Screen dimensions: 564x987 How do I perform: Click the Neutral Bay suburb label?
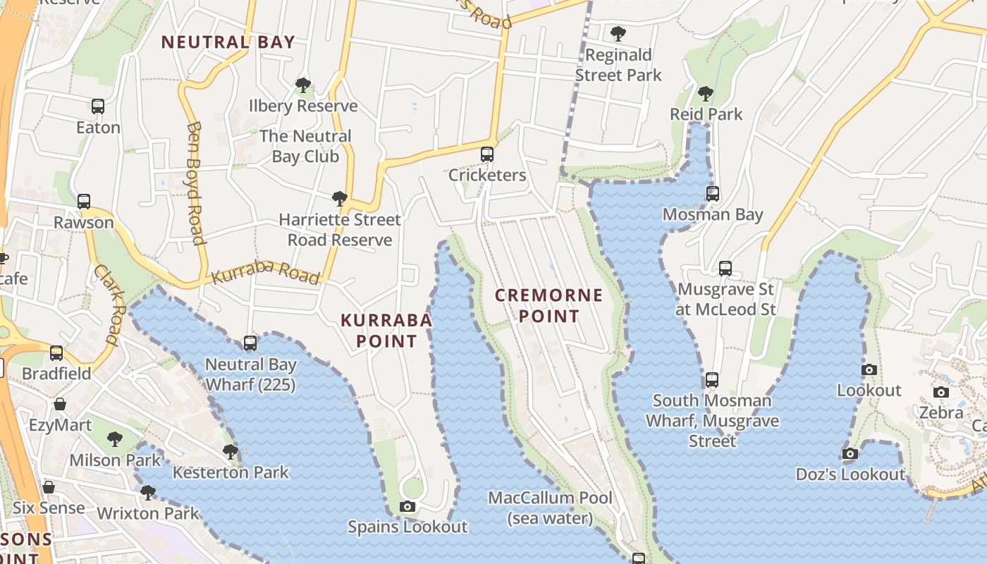228,42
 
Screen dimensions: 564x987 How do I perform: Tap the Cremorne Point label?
549,305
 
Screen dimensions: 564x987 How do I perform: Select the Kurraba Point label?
386,331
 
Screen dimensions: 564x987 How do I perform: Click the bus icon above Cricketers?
487,154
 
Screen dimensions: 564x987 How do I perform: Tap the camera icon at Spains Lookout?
407,506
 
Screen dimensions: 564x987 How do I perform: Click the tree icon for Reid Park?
705,94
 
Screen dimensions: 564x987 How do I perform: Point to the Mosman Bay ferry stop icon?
713,194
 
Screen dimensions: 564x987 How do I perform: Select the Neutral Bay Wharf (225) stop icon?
250,344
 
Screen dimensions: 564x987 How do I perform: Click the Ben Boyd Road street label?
196,183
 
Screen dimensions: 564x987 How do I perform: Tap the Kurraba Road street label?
266,272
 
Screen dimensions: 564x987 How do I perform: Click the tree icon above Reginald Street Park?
618,33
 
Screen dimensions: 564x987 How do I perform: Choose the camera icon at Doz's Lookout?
850,454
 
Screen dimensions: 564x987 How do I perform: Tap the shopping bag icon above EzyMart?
60,405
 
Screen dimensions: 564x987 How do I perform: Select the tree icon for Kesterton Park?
231,452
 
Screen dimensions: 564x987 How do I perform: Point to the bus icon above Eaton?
98,106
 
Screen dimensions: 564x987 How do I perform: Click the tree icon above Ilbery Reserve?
303,85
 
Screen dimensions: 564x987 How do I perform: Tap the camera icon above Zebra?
941,393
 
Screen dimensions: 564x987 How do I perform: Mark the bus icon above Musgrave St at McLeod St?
725,269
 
